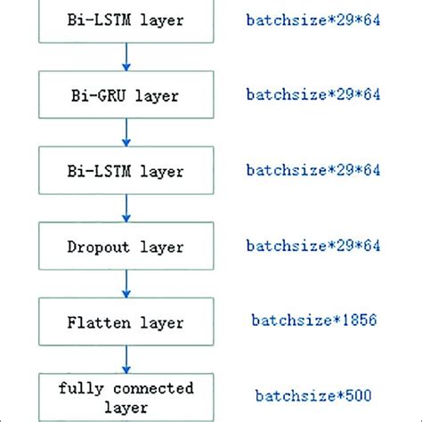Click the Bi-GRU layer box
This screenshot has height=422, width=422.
(126, 94)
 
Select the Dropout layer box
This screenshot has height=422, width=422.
(126, 246)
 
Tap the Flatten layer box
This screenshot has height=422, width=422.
(126, 321)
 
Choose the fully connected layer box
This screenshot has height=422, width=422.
(126, 397)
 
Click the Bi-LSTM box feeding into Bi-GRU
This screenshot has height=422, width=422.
(126, 20)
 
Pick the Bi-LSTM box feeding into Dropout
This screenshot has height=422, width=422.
(126, 170)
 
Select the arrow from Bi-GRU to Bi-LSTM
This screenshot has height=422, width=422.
(126, 132)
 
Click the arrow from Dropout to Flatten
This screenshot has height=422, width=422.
(126, 283)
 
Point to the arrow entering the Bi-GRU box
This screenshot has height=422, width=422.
(126, 57)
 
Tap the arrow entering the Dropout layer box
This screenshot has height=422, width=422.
(126, 207)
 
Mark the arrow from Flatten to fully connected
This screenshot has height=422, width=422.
(126, 359)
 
